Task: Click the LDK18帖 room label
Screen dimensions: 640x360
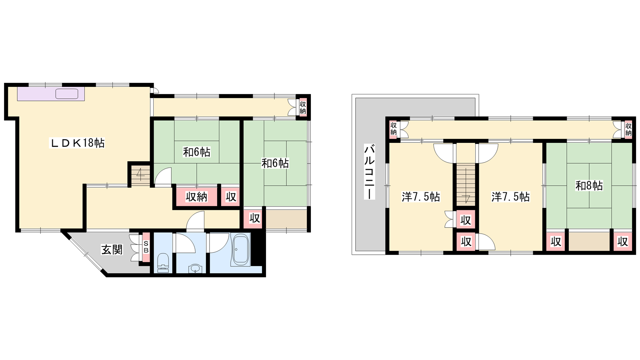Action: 78,143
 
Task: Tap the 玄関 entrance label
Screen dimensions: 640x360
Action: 112,250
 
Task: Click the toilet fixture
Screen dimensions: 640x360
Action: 163,263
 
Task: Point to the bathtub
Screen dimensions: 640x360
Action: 240,250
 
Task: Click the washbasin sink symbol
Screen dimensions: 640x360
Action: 196,268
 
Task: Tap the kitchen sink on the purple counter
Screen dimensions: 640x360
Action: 67,94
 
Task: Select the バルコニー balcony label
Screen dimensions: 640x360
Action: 370,172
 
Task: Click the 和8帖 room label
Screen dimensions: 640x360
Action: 589,186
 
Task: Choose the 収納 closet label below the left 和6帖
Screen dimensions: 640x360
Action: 196,197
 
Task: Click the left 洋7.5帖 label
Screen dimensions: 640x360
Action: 421,197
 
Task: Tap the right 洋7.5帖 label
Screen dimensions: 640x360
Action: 510,197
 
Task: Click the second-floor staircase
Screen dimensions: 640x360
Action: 466,184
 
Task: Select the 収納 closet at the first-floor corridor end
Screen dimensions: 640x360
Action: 303,107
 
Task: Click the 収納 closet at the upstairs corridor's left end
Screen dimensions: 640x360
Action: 394,129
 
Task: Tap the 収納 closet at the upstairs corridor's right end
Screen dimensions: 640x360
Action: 628,129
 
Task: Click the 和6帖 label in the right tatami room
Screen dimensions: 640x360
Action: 275,164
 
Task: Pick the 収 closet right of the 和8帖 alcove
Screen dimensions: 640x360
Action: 623,242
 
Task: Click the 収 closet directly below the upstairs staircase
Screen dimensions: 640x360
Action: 466,220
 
